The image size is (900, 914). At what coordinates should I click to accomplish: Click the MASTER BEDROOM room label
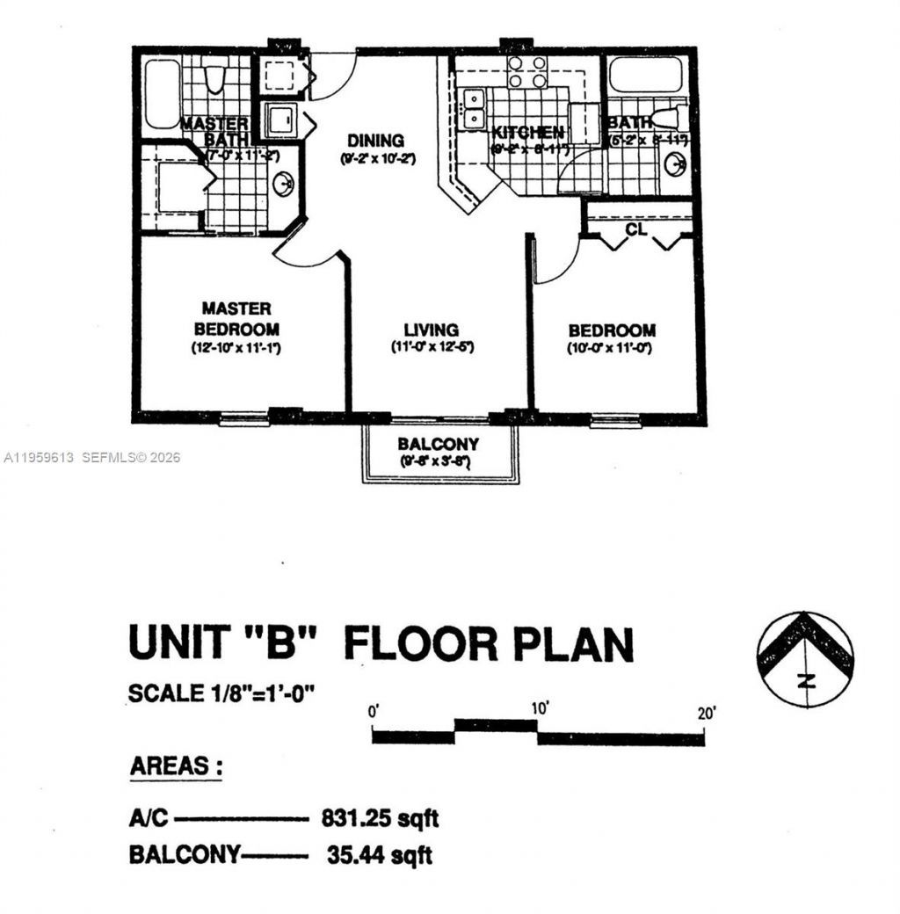pos(236,319)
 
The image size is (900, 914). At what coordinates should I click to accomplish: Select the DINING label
pos(375,141)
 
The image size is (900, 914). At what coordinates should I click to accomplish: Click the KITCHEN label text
pos(527,133)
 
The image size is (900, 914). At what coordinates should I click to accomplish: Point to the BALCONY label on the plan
pos(437,444)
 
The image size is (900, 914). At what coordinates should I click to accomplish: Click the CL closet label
pos(637,229)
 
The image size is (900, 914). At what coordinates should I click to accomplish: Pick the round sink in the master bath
pos(283,184)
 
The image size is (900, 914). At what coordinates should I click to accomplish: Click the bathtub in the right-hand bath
pos(645,75)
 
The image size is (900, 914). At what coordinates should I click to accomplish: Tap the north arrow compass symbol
pos(805,658)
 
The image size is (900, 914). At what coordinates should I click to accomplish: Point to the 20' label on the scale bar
pos(708,713)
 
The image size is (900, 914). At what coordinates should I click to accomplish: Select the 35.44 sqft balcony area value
pos(379,853)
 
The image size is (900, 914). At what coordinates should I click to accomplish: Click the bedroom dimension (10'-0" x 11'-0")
pos(611,348)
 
